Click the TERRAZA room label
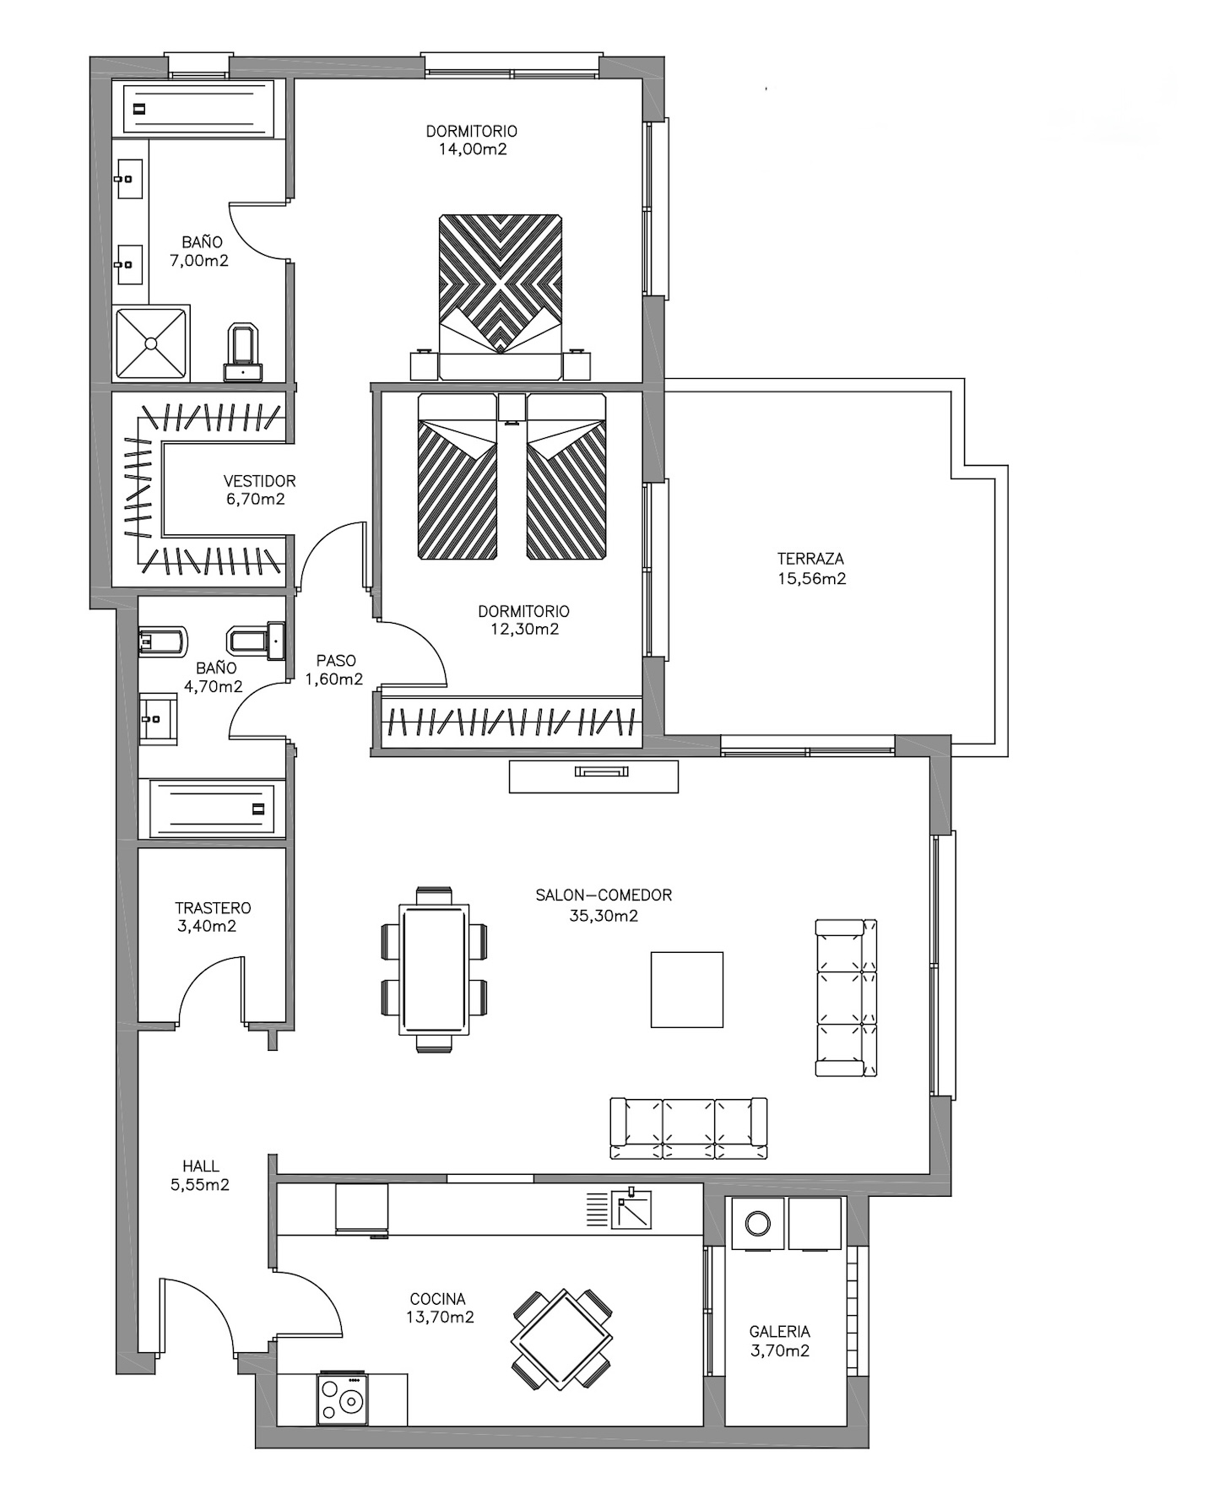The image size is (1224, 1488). point(810,559)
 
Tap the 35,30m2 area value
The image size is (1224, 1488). point(604,916)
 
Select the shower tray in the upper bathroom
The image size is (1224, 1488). point(151,344)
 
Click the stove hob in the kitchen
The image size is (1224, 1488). point(343,1399)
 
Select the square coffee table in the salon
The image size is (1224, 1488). point(686,989)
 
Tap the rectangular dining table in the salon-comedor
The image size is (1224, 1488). point(434,969)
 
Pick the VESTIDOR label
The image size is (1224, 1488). point(259,481)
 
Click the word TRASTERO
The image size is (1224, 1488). point(213,908)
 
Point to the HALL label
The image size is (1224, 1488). point(200,1166)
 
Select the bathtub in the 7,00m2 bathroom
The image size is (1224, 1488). point(199,107)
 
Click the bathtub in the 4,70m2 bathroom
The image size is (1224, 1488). point(212,809)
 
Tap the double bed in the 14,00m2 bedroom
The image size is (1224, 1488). point(501,297)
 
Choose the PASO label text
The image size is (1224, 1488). point(336,661)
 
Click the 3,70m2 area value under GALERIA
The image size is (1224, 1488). point(780,1350)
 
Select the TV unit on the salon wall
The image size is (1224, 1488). point(593,776)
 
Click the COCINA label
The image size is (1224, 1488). point(437,1299)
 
